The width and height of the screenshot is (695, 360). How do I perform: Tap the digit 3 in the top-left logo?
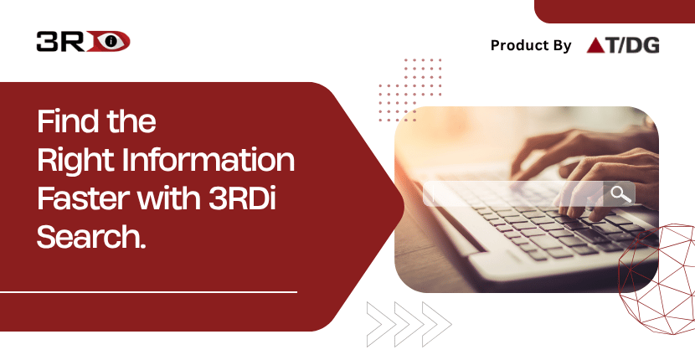(x=46, y=41)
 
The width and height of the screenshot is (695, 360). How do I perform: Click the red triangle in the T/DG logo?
(x=594, y=45)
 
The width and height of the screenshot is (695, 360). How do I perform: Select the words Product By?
(x=531, y=45)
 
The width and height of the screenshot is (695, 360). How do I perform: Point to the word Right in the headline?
(x=76, y=162)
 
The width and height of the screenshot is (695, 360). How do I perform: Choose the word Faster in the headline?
(x=84, y=199)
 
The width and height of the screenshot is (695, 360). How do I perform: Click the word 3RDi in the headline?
(x=242, y=199)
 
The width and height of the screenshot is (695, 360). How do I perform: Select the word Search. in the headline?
(x=91, y=238)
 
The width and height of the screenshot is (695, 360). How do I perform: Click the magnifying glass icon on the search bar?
(x=620, y=194)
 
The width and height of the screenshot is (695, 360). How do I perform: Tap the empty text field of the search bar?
(x=512, y=194)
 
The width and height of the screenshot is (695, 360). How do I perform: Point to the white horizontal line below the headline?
(x=148, y=292)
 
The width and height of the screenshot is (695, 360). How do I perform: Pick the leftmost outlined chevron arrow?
(x=381, y=324)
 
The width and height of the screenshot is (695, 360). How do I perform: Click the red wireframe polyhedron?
(x=656, y=280)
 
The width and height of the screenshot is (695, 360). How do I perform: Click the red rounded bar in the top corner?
(x=615, y=12)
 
